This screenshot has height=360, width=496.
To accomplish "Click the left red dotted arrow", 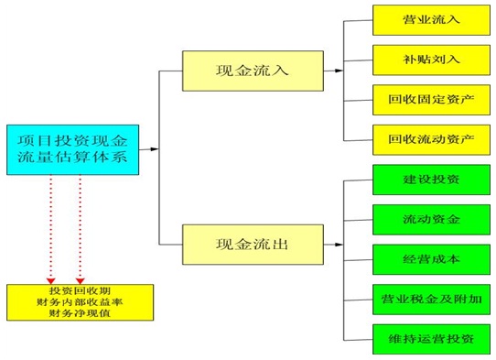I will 51,229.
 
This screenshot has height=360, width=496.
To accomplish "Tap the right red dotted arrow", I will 81,229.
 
